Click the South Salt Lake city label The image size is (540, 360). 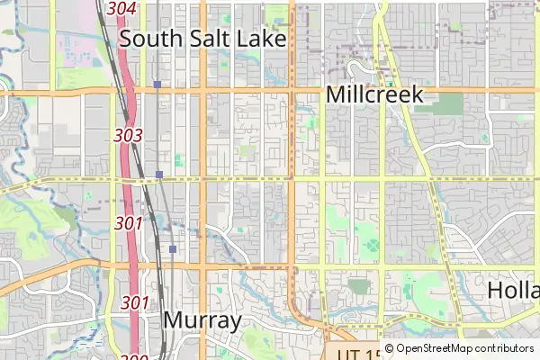202,39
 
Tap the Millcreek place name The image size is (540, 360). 374,94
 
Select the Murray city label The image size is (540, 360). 202,320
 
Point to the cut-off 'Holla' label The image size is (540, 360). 514,290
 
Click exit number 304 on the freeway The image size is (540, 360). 121,8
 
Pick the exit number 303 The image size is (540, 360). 129,135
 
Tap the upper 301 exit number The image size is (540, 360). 130,222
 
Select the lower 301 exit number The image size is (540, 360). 135,302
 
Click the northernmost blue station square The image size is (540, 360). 157,85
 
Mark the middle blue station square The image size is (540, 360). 158,174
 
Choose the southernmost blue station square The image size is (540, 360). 172,248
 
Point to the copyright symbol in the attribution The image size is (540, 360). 389,348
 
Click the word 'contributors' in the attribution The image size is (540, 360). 504,348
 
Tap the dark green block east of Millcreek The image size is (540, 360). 450,105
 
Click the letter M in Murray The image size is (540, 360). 174,320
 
